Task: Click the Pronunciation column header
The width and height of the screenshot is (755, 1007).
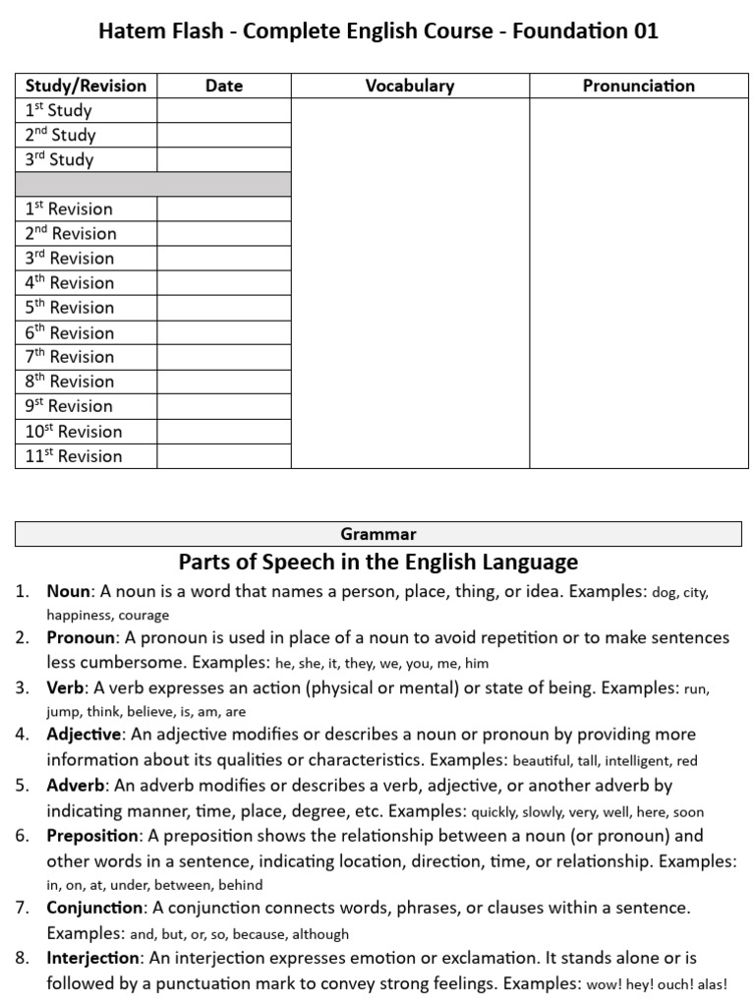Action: tap(638, 86)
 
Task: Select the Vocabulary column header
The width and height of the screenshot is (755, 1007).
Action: tap(410, 86)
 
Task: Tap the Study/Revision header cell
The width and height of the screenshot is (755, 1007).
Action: tap(86, 86)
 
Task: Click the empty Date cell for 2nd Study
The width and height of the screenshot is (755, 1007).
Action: tap(224, 135)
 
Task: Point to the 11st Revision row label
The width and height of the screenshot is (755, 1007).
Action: tap(74, 455)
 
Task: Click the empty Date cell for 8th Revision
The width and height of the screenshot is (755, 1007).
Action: tap(224, 382)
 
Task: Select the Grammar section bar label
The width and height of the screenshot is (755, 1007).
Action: tap(378, 534)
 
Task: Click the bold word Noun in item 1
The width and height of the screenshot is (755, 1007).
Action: tap(68, 592)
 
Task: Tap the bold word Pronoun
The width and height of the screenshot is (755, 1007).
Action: tap(80, 637)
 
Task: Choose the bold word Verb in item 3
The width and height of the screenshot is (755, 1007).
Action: tap(65, 687)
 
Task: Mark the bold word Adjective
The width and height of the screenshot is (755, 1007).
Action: tap(84, 734)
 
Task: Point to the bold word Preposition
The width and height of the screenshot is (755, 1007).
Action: tap(92, 836)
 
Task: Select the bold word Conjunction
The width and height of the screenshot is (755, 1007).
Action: tap(93, 907)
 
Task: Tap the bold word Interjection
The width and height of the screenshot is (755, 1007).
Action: tap(91, 957)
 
